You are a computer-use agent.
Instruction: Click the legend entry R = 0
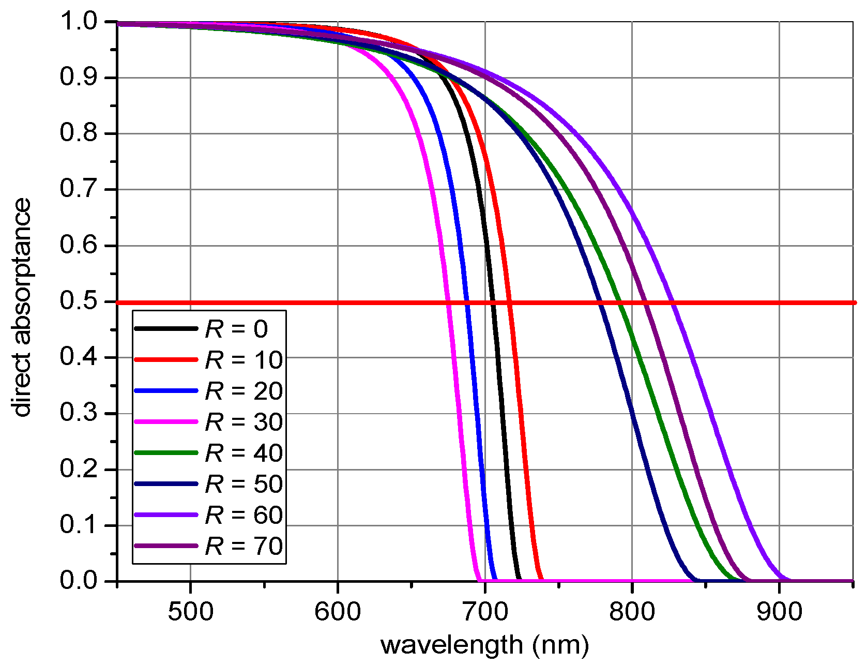coord(236,329)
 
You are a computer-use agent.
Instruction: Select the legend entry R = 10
coord(244,360)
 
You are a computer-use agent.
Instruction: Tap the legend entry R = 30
coord(244,422)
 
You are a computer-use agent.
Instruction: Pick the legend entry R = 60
coord(244,515)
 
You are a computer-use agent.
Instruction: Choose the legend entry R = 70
coord(244,546)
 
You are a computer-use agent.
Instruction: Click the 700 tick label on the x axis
coord(485,612)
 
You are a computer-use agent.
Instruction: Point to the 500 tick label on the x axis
coord(190,612)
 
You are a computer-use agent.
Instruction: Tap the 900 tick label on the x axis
coord(779,612)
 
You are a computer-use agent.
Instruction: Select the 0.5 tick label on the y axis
coord(78,301)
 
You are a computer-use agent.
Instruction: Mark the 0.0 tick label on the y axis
coord(78,581)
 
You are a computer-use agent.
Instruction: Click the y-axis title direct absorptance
coord(22,307)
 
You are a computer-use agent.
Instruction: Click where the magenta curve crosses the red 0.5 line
coord(448,302)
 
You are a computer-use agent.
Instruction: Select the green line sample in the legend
coord(166,452)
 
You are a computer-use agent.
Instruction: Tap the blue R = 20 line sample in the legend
coord(166,390)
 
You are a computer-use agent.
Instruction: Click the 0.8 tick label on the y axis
coord(78,133)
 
